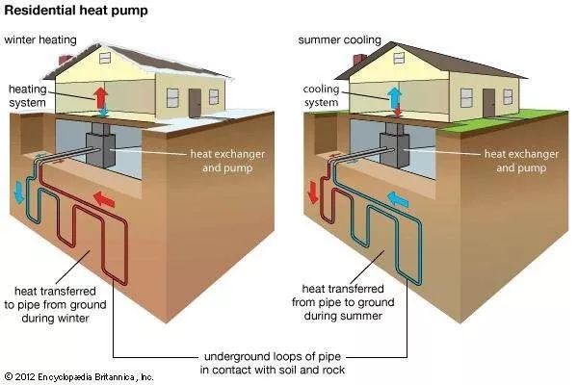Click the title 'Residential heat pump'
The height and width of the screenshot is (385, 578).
76,11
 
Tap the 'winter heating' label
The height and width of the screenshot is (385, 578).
40,39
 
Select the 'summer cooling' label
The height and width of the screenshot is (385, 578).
339,39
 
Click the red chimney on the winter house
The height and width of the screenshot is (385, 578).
66,60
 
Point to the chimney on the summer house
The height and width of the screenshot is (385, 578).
359,59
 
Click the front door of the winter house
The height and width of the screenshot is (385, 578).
195,103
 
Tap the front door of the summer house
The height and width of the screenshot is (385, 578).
489,103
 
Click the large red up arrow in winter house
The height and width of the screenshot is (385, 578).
100,97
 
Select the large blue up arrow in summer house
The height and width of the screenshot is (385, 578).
394,97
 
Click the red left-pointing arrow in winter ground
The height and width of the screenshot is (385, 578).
104,199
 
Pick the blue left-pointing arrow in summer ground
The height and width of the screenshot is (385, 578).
398,199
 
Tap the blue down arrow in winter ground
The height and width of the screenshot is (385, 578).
18,192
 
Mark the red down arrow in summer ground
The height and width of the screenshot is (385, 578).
313,192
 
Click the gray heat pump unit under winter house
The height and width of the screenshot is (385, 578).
100,146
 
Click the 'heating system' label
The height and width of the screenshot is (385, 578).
28,96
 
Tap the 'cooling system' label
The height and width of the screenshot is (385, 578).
321,96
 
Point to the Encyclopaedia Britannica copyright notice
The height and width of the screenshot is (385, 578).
79,377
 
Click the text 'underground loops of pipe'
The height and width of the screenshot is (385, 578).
272,357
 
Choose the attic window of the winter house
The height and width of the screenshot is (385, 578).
105,58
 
